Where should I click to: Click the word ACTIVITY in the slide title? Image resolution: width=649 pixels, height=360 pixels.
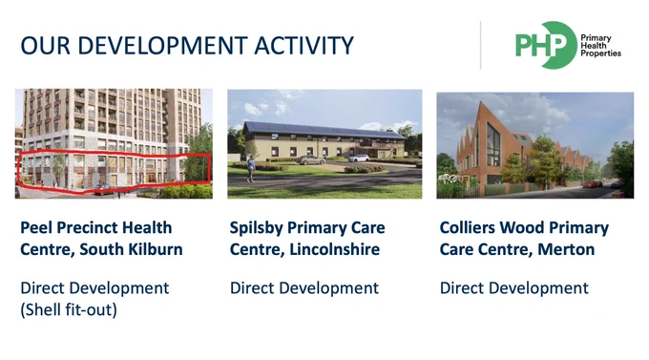(x=304, y=45)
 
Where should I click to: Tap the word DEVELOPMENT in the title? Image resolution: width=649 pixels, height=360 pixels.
(x=162, y=45)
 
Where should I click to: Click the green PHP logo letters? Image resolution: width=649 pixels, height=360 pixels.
(x=540, y=45)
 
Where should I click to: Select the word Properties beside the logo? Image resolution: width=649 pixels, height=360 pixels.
(x=601, y=53)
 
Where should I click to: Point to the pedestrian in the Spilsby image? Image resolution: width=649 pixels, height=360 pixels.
(x=251, y=169)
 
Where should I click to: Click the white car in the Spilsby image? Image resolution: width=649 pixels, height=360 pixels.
(x=359, y=158)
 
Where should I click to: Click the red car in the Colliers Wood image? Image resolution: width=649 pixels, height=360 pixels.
(x=593, y=184)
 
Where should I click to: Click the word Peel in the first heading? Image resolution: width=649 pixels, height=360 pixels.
(x=34, y=228)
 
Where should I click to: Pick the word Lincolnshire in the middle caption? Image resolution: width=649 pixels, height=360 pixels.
(x=334, y=249)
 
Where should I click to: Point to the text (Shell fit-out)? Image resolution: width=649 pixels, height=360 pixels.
(x=69, y=310)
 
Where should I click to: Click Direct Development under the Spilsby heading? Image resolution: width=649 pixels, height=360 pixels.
(x=304, y=288)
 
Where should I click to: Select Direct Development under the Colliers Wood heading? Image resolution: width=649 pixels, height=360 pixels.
(x=514, y=288)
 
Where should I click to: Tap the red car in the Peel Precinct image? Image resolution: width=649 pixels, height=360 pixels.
(x=102, y=190)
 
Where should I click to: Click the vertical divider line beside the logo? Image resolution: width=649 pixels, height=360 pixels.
(x=480, y=45)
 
